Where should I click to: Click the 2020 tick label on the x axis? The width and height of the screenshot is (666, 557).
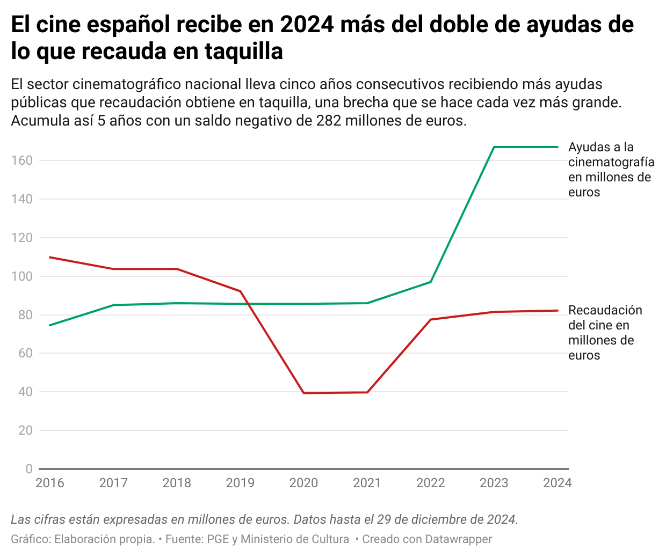(303, 483)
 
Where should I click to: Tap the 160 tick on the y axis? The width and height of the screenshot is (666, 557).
(21, 160)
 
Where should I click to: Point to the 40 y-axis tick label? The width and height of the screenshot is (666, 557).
(25, 392)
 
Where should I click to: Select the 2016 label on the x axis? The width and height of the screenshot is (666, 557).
(50, 483)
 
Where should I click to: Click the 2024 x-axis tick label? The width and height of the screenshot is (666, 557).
(557, 483)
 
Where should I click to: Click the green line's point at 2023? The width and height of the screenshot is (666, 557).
(494, 147)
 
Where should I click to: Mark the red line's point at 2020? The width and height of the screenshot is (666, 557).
(304, 393)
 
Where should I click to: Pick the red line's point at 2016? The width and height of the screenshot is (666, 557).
(50, 257)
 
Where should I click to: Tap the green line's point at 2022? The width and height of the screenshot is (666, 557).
(431, 282)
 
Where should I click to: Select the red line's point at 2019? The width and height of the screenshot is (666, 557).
(240, 291)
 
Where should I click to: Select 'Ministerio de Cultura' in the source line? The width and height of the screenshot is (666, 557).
(294, 539)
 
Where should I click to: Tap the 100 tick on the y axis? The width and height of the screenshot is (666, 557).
(21, 276)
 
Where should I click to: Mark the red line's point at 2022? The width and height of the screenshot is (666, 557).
(431, 319)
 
